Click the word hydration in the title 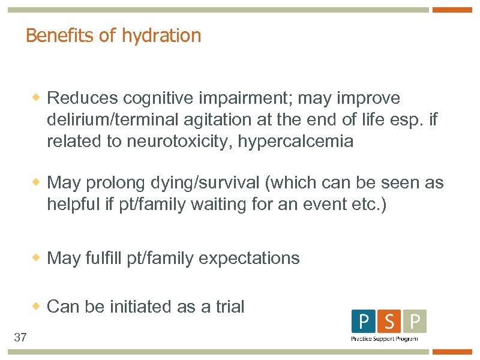[x=161, y=36]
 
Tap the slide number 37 [x=20, y=338]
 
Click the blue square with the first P [x=363, y=322]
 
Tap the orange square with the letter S [x=389, y=322]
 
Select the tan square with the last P [x=415, y=322]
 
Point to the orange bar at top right [x=452, y=10]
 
